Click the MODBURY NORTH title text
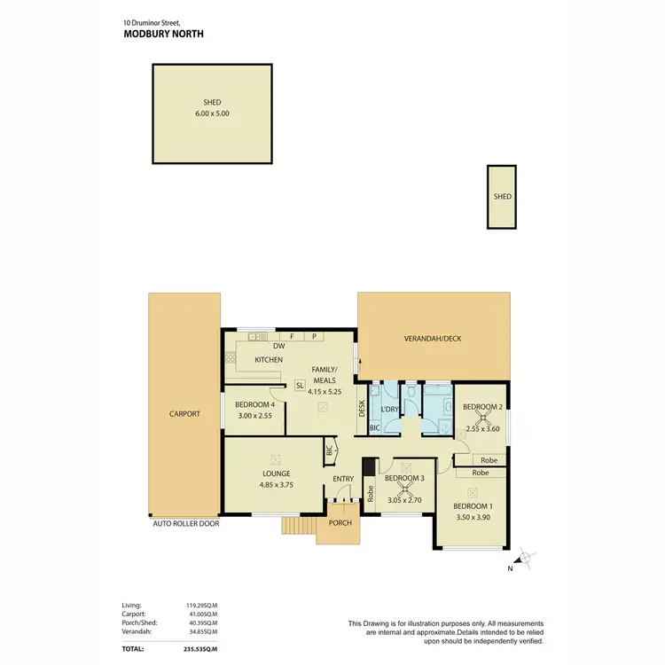point(165,35)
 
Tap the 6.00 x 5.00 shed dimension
point(212,113)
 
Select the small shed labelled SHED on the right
point(503,197)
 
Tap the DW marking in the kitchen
point(278,347)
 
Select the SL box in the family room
point(301,385)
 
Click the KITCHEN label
point(269,360)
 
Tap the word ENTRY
point(343,480)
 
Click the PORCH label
point(340,522)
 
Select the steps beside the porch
point(299,527)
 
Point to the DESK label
point(362,409)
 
